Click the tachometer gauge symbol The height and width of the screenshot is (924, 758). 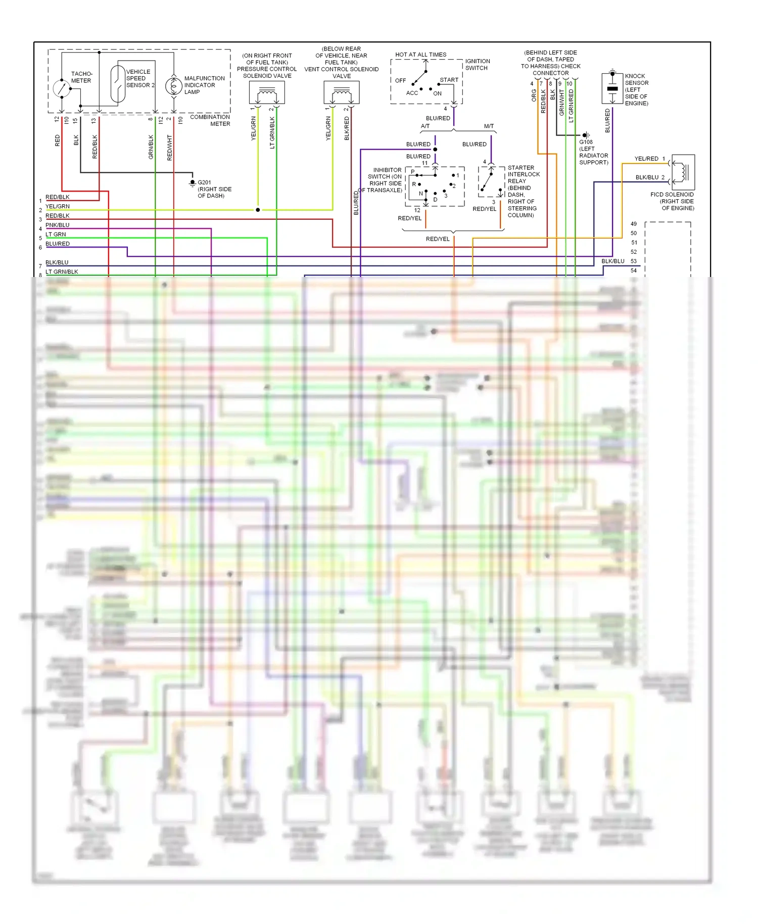coord(62,88)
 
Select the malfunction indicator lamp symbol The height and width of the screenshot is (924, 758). coord(173,86)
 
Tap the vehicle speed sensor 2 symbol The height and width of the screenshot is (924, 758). coord(118,84)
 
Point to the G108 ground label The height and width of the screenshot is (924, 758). coord(586,142)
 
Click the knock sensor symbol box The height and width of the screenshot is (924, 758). coord(612,88)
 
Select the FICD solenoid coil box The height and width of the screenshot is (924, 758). coord(683,172)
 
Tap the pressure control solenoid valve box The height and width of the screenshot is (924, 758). coord(267,93)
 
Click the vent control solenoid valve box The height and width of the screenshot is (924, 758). coord(342,93)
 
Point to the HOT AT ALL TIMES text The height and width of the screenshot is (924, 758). coord(420,55)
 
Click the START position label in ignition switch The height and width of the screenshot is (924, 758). coord(449,80)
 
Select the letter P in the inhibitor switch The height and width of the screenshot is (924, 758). coord(412,172)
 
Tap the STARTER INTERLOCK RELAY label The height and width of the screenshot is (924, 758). coord(523,174)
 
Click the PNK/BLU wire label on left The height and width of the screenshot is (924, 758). coord(58,225)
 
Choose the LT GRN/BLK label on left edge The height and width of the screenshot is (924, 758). coord(62,272)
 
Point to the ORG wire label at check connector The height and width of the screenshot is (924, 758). coord(534,96)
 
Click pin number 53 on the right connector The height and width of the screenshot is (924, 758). coord(634,261)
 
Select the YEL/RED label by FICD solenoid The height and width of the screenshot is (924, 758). coord(646,159)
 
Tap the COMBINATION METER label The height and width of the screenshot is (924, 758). coord(210,120)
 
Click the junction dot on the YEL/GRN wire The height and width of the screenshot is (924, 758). coord(258,210)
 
